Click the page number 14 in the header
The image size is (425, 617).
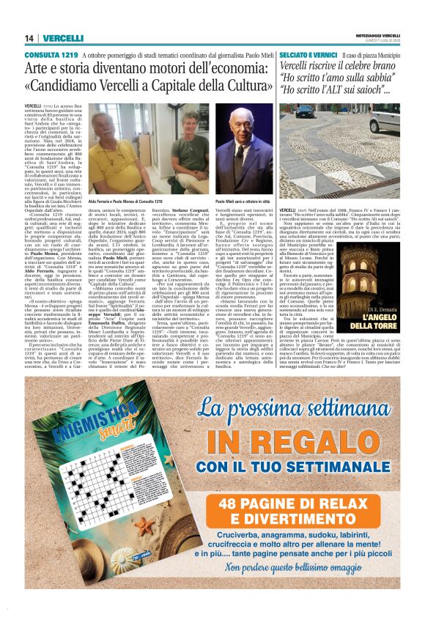[29, 38]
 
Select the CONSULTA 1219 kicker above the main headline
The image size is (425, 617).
[51, 55]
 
